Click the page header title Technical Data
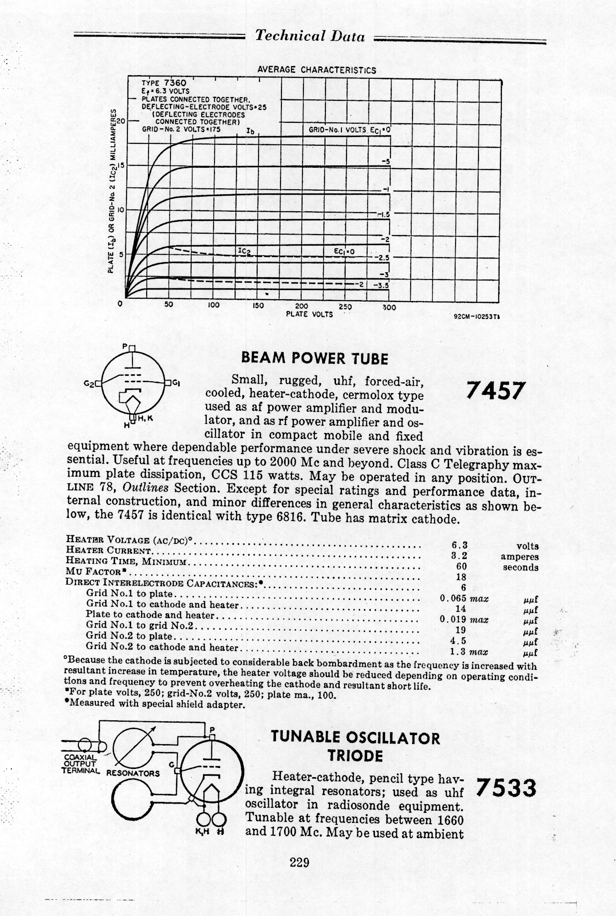pos(310,36)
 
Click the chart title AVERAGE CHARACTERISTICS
pos(317,70)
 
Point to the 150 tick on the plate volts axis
pos(258,306)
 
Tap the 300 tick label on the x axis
pos(389,307)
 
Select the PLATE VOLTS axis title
pos(309,314)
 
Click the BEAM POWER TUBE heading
pos(314,358)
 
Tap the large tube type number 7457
pos(494,391)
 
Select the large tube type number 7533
pos(506,788)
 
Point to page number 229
pos(300,862)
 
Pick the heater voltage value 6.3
pos(459,545)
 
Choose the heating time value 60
pos(461,567)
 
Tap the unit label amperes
pos(520,557)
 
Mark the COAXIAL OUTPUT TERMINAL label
pos(81,763)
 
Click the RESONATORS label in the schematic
pos(133,773)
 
